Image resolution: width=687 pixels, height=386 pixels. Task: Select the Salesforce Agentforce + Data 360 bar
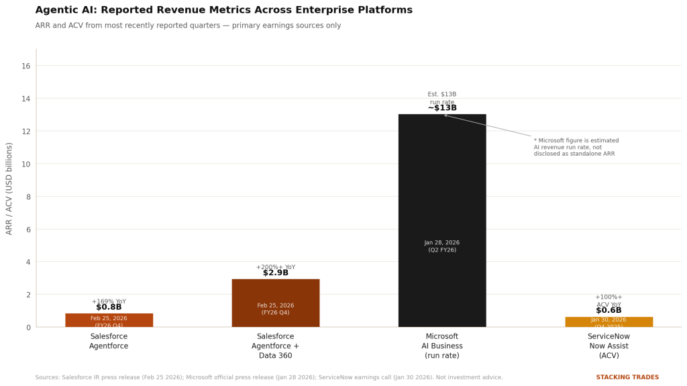tap(275, 295)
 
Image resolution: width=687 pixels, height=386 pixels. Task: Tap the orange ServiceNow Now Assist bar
tap(609, 322)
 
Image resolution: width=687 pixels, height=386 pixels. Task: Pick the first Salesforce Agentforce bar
tap(109, 320)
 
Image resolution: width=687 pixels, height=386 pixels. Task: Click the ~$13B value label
tap(441, 108)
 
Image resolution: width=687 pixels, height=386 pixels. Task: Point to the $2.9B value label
tap(275, 273)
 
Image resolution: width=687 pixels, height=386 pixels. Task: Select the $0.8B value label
tap(109, 307)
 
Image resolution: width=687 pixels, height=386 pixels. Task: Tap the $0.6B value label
tap(609, 311)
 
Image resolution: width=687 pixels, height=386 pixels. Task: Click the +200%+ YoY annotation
tap(275, 267)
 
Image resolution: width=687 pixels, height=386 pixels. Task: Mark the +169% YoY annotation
tap(109, 301)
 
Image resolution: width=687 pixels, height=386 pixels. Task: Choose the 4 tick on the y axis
tap(28, 262)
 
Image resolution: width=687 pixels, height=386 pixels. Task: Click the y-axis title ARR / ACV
tap(9, 188)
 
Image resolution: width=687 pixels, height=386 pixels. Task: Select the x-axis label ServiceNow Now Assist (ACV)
tap(609, 346)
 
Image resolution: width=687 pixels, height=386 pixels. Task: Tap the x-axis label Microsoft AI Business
tap(441, 346)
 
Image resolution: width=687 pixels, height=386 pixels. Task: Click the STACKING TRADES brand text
tap(627, 377)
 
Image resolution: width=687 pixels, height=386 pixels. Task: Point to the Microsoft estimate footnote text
tap(576, 148)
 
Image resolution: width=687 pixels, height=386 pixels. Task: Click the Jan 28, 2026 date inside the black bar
tap(441, 243)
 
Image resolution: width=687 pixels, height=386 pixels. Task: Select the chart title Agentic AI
tap(223, 10)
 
